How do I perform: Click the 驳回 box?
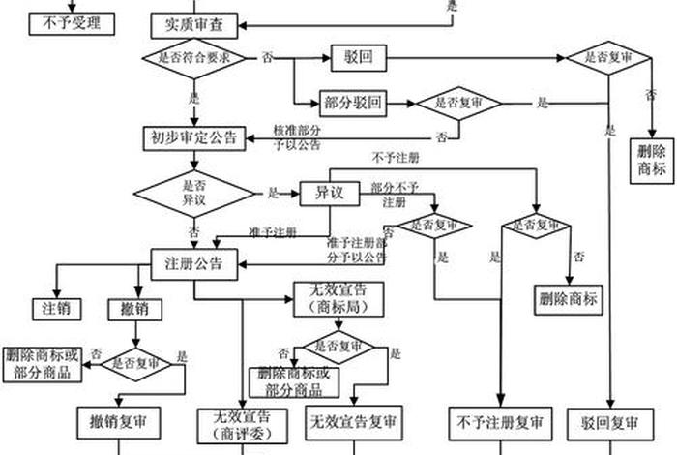pos(358,58)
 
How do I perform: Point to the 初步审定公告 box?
pos(195,137)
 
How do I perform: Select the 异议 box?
pos(330,193)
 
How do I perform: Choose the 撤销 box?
pos(134,310)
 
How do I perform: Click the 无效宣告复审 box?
pos(353,422)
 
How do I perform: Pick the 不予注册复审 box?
pos(500,423)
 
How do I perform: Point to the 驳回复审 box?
pos(610,423)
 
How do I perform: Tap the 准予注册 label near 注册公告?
pos(272,232)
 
